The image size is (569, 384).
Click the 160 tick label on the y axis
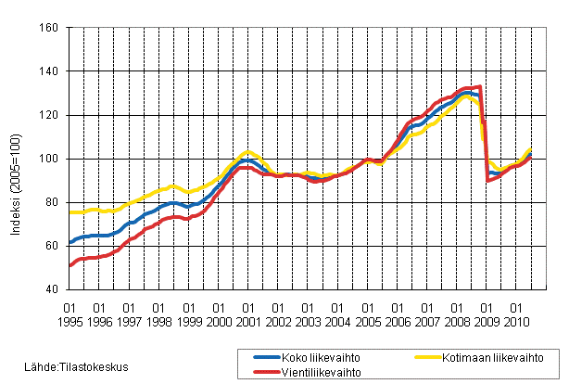pos(50,28)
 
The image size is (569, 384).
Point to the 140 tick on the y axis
pos(50,71)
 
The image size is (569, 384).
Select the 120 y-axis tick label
pos(50,115)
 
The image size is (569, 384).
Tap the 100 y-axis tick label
pos(50,159)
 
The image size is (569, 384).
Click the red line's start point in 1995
pos(70,266)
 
